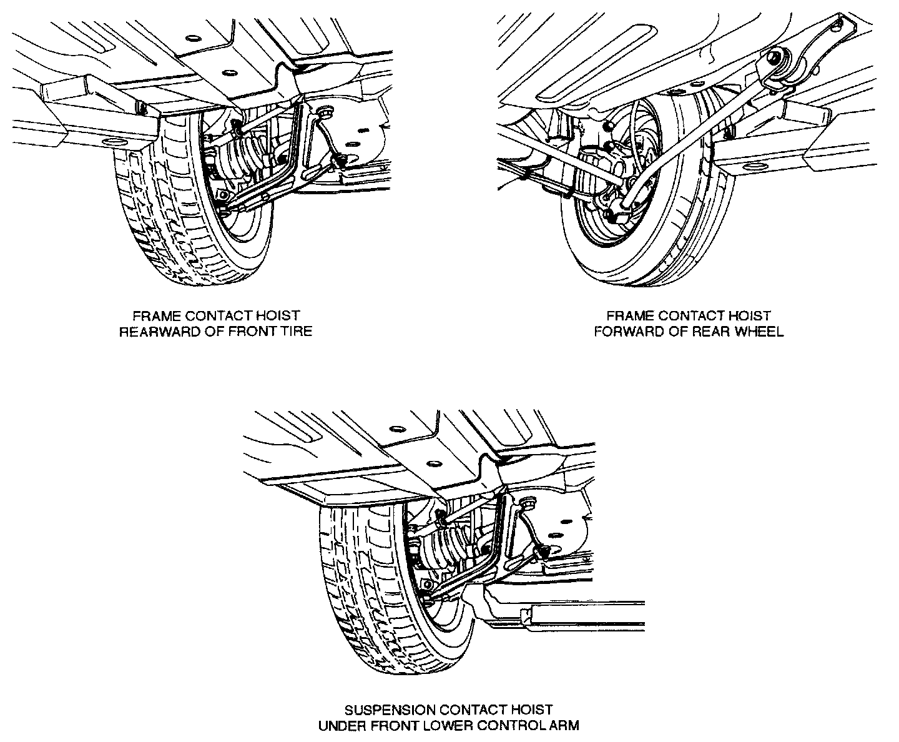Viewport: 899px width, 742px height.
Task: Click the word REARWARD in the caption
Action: tap(160, 331)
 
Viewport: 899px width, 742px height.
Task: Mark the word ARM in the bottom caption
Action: tap(565, 725)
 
